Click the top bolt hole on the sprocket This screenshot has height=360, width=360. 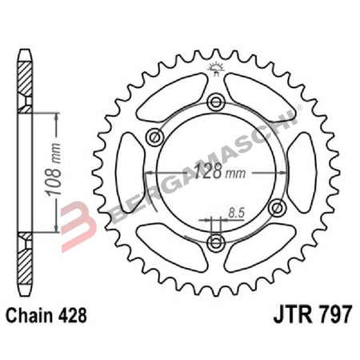coord(215,103)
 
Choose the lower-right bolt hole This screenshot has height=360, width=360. coord(278,209)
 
